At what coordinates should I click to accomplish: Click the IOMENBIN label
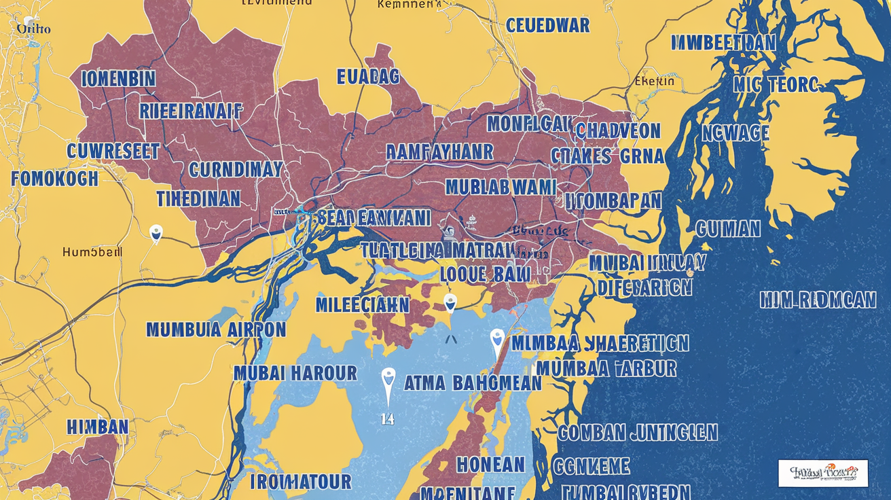[x=118, y=79]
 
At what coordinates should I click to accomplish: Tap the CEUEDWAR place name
[x=547, y=26]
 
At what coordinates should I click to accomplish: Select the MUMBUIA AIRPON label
[x=216, y=330]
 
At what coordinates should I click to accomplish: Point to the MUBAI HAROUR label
[x=295, y=373]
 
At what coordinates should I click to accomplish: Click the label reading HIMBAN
[x=98, y=427]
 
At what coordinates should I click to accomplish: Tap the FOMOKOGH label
[x=55, y=179]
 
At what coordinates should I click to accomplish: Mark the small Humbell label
[x=92, y=251]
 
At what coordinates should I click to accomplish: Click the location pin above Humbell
[x=156, y=233]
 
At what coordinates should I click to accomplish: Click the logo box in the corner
[x=823, y=473]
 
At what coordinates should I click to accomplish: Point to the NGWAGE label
[x=735, y=133]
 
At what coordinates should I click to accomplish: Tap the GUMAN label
[x=729, y=229]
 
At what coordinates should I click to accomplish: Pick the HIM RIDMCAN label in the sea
[x=818, y=300]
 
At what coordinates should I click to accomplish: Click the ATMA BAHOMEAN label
[x=473, y=383]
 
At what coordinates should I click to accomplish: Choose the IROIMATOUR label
[x=300, y=482]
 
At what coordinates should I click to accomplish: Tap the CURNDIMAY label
[x=236, y=169]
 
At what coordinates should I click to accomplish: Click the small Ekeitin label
[x=654, y=82]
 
